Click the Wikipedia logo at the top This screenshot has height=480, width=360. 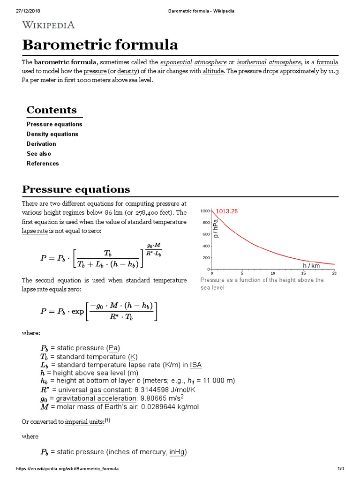(x=48, y=25)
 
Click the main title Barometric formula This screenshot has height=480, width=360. (x=100, y=45)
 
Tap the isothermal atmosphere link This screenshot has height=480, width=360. (x=269, y=62)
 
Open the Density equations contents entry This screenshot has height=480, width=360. (x=52, y=134)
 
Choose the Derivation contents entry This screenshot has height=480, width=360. (x=41, y=144)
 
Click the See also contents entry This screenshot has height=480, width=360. (x=39, y=154)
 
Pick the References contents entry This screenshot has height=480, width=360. (x=43, y=164)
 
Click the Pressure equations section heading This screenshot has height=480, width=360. (x=76, y=189)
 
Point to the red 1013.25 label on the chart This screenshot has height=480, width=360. (x=227, y=211)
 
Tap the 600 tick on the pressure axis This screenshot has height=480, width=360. (x=205, y=234)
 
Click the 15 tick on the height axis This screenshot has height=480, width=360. (x=304, y=273)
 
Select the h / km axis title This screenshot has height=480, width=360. (x=311, y=265)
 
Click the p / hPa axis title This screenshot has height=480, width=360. (x=216, y=228)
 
